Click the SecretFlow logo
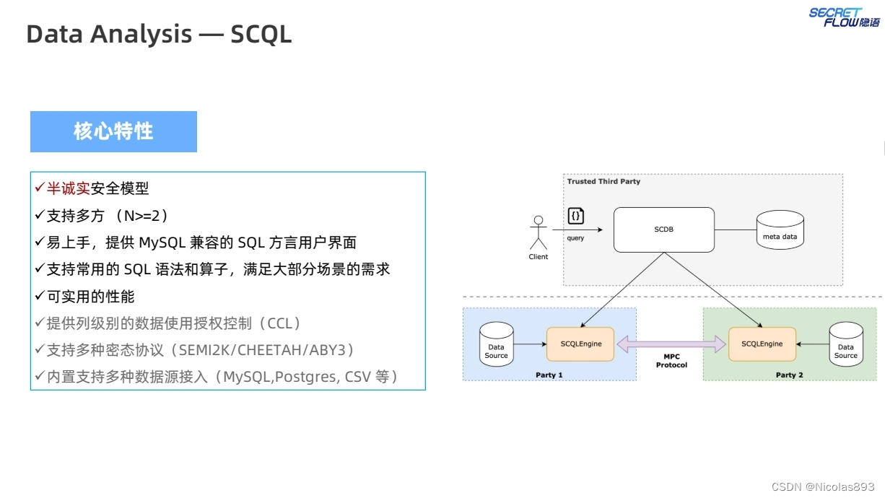coord(844,17)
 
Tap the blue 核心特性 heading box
coord(113,131)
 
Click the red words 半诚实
coord(69,188)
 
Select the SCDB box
coord(663,230)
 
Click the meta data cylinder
coord(780,230)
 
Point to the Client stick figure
coord(538,234)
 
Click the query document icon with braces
coord(575,216)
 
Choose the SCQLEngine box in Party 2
coord(762,344)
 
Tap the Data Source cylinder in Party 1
coord(496,344)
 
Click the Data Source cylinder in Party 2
coord(845,344)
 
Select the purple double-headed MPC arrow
coord(671,344)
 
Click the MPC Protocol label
coord(671,361)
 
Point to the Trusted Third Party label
coord(603,181)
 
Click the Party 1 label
coord(549,375)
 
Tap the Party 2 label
coord(790,375)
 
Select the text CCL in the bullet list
coord(281,323)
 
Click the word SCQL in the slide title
coord(261,34)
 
